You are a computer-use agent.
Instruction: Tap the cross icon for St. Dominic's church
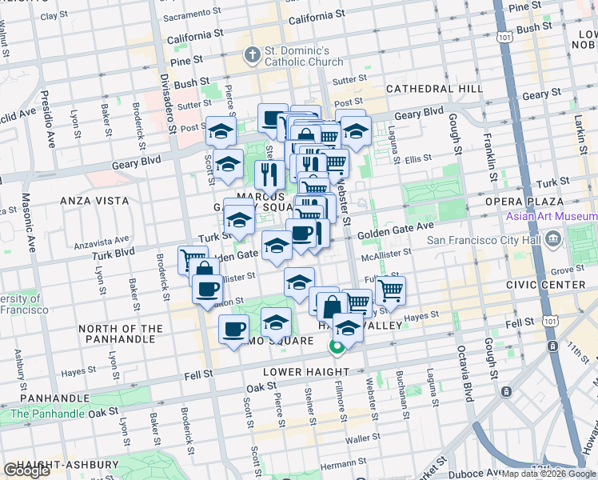(x=253, y=55)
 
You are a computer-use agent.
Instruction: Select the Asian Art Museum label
(x=550, y=217)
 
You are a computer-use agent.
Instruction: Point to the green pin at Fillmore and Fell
(x=337, y=347)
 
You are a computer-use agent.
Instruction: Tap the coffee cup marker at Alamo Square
(x=234, y=330)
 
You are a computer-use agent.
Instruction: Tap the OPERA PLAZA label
(x=533, y=200)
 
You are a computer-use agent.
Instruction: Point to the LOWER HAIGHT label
(x=304, y=372)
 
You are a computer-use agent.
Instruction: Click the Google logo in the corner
(x=27, y=470)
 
